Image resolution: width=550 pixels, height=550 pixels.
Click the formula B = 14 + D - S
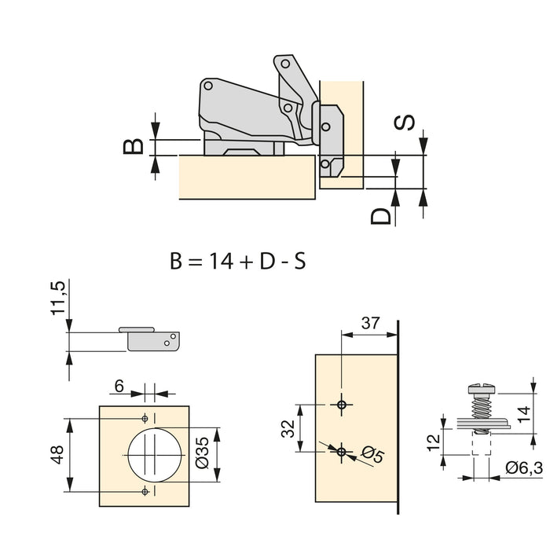pos(236,261)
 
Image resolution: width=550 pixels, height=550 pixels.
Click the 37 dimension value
pos(369,323)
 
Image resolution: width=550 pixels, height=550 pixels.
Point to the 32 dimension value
pos(288,428)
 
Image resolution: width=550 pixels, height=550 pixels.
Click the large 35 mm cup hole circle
pos(156,454)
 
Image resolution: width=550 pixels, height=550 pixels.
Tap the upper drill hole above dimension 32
pos(340,404)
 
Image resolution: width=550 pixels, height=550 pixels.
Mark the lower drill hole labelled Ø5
pos(340,452)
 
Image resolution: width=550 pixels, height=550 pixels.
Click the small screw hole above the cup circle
pos(145,416)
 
